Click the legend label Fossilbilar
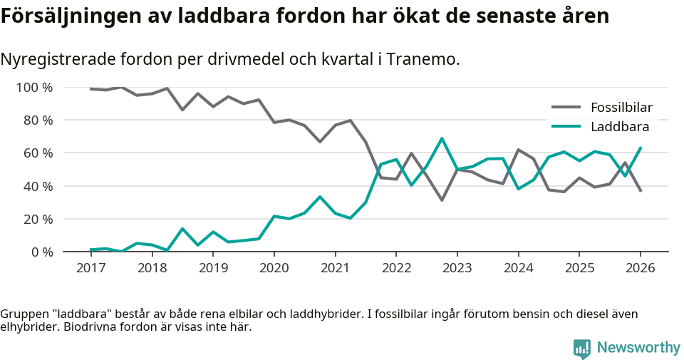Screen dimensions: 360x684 tap(621, 108)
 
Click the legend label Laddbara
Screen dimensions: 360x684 tap(619, 127)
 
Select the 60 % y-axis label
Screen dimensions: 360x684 tap(38, 153)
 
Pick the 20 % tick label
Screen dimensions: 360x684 tap(38, 219)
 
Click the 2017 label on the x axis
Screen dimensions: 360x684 tap(90, 268)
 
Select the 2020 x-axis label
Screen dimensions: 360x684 tap(274, 268)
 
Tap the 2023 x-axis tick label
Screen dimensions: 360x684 tap(457, 268)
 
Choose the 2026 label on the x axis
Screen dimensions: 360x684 tap(640, 268)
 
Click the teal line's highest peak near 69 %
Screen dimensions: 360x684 tap(442, 138)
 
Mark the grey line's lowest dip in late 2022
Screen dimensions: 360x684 tap(442, 200)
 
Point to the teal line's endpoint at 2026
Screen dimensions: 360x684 tap(641, 148)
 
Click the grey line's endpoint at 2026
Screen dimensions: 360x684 tap(641, 191)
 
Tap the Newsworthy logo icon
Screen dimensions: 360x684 tap(581, 348)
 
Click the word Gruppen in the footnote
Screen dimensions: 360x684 tap(22, 314)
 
